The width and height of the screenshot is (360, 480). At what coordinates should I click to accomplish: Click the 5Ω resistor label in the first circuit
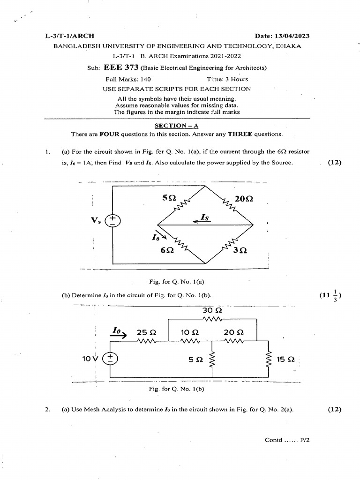[x=169, y=198]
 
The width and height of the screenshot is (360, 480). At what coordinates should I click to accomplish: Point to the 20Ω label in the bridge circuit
[x=244, y=199]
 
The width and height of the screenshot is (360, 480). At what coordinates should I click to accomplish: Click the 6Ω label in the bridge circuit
[x=167, y=250]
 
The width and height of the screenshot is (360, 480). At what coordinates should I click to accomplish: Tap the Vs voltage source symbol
[x=112, y=220]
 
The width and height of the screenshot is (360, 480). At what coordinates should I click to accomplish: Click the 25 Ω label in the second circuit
[x=146, y=332]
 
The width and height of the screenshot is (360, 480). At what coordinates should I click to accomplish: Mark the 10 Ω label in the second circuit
[x=190, y=332]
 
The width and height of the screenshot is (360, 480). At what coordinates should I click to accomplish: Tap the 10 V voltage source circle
[x=111, y=359]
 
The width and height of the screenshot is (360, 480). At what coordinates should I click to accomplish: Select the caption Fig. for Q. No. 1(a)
[x=176, y=282]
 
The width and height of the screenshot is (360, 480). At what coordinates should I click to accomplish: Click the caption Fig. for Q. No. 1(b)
[x=176, y=389]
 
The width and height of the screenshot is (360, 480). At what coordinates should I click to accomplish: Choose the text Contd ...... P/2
[x=288, y=440]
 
